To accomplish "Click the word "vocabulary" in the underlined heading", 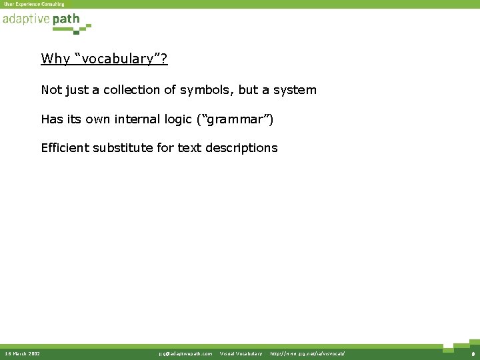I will click(122, 59).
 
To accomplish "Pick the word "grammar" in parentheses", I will click(235, 120).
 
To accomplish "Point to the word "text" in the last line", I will click(188, 148).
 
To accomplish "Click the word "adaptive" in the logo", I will click(26, 19).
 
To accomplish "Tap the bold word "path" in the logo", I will click(66, 19).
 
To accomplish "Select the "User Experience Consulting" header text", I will click(34, 4).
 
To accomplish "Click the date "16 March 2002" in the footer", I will click(22, 353).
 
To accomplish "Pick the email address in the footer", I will click(185, 353).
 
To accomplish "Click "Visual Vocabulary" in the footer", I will click(241, 353).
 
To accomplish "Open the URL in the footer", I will click(307, 353).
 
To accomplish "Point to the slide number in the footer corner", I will click(472, 353).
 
